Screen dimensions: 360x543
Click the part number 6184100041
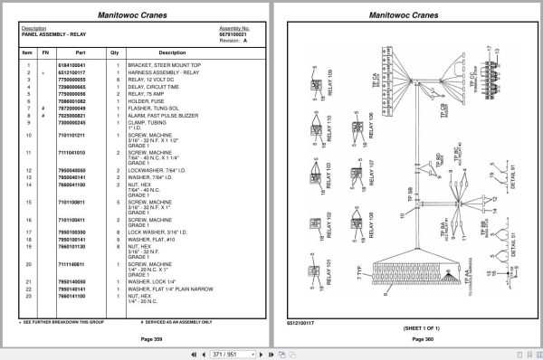point(71,66)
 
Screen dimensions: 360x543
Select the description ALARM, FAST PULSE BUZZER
point(157,118)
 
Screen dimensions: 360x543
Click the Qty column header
point(115,52)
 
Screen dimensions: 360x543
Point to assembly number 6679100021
point(234,33)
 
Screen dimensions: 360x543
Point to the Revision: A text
point(233,40)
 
